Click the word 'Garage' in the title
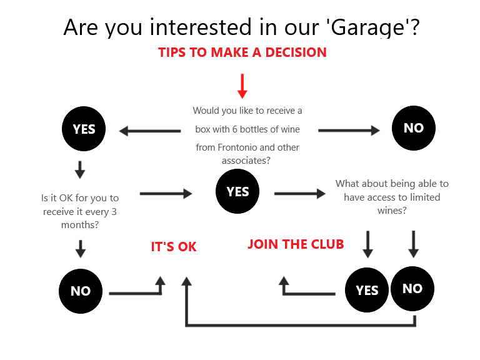[367, 27]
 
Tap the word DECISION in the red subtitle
[296, 52]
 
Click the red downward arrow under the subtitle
[242, 86]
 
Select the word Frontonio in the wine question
[237, 147]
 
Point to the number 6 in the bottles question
[234, 129]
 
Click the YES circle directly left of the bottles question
[84, 129]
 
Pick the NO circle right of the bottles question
[414, 128]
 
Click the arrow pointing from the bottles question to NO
[349, 131]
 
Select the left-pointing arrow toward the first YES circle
[150, 131]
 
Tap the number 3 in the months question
[114, 211]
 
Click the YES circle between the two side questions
[237, 191]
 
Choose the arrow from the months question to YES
[166, 194]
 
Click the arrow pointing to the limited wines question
[300, 194]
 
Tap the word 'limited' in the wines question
[425, 197]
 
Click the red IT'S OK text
[174, 247]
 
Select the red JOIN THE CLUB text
[296, 244]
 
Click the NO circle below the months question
[81, 291]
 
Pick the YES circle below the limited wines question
[367, 290]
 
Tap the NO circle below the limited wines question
[412, 289]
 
